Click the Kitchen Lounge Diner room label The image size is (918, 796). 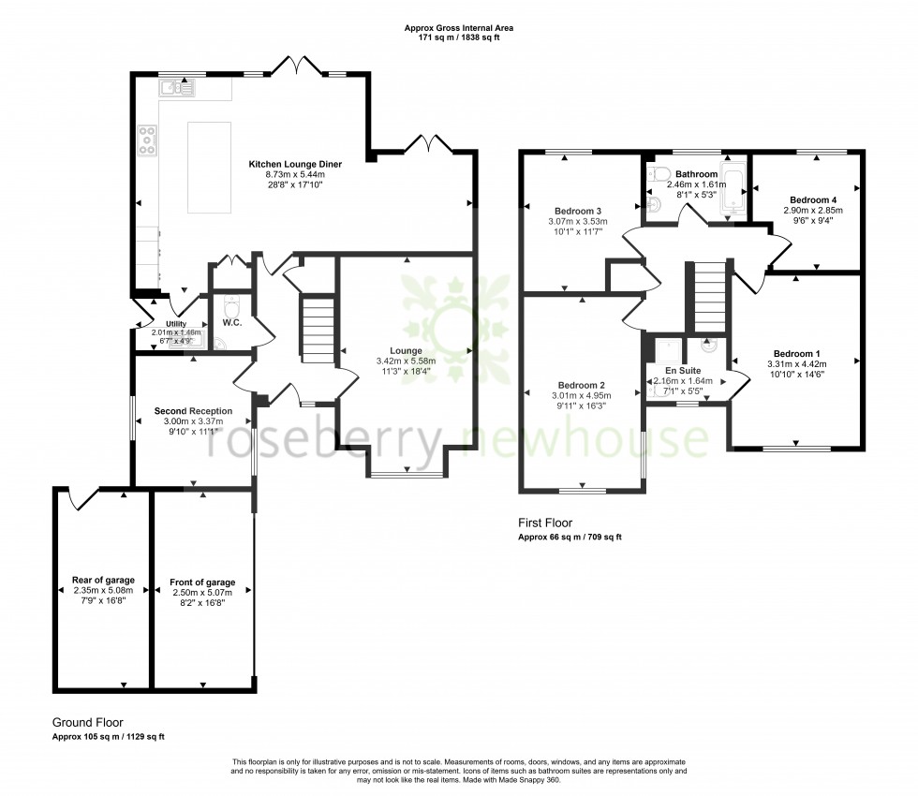[294, 164]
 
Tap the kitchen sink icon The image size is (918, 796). [175, 89]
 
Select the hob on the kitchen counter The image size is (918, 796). [148, 140]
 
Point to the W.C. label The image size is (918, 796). [232, 323]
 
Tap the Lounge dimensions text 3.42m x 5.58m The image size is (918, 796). [406, 361]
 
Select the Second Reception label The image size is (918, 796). [192, 411]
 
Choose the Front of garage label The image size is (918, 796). [202, 582]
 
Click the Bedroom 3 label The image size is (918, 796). [578, 211]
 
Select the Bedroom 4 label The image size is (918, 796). [813, 199]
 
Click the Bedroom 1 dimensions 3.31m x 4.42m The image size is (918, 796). [792, 364]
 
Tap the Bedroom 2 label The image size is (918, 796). [581, 385]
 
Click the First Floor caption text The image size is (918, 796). [544, 523]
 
